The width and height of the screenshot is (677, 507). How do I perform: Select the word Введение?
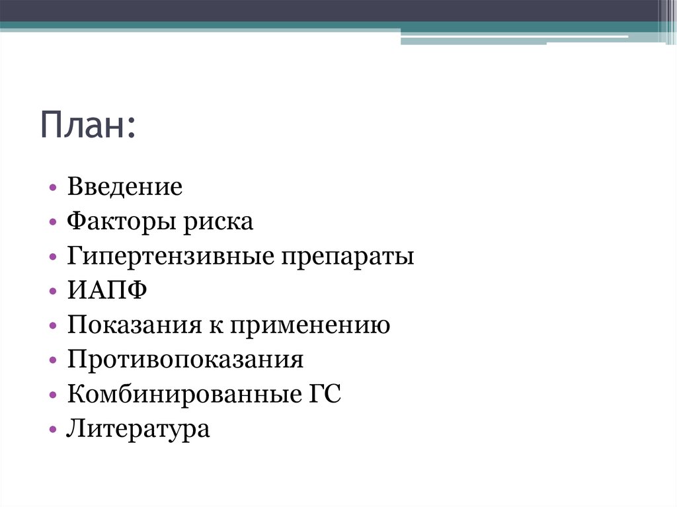(x=124, y=187)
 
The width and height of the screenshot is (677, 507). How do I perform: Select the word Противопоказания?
(x=185, y=360)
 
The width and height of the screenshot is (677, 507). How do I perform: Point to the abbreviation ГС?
(x=324, y=395)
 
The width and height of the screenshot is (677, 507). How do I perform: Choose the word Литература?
(x=138, y=430)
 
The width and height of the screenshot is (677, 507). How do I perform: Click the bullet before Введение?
(x=52, y=188)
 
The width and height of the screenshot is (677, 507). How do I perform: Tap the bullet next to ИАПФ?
(x=52, y=292)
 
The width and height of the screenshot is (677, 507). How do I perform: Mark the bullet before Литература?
(x=52, y=431)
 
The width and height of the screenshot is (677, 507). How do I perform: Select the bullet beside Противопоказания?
(x=52, y=362)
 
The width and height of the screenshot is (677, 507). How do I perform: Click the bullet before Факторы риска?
(x=52, y=223)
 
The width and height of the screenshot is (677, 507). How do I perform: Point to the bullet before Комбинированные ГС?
(x=52, y=397)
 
